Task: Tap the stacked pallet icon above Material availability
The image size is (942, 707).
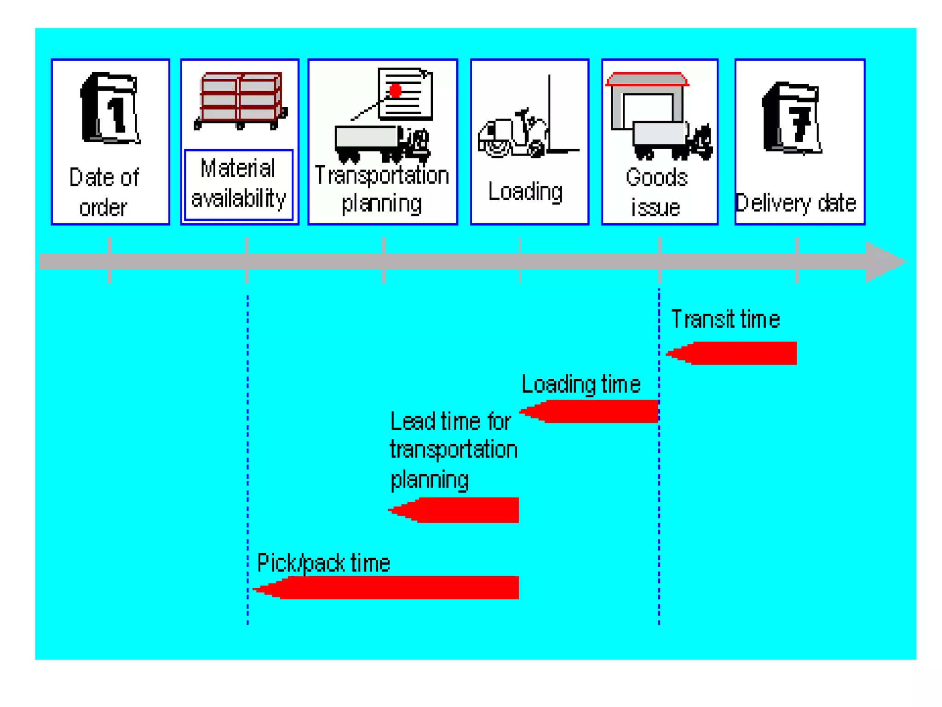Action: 240,100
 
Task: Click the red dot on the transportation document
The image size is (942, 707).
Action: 395,91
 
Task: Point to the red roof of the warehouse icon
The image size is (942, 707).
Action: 647,80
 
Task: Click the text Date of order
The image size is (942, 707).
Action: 104,192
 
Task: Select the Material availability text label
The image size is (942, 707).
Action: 238,184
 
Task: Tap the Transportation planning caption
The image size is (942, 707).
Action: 382,189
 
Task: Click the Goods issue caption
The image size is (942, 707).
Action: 656,192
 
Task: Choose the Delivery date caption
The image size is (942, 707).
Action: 795,203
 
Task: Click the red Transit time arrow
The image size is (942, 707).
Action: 736,353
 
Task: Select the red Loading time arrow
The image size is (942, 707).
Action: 593,411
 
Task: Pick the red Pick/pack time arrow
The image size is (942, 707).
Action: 391,587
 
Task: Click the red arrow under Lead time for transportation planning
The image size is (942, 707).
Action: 458,510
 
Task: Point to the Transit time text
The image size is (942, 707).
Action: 725,319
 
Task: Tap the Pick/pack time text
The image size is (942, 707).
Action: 323,562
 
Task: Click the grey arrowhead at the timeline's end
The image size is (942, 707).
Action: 883,262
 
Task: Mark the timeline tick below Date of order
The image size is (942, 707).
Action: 109,261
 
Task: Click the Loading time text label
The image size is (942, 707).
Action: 581,384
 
